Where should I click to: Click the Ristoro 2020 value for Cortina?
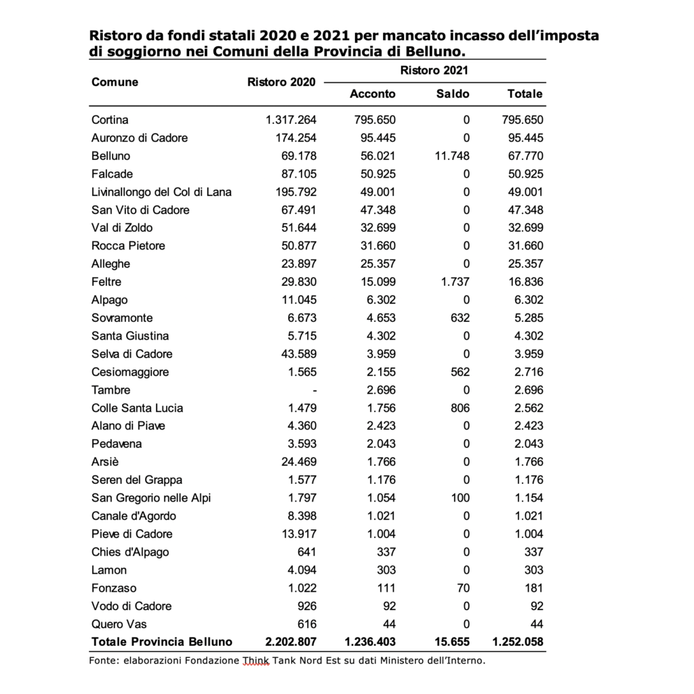pos(291,120)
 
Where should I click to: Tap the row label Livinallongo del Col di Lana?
pos(161,192)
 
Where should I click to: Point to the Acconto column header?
pos(372,94)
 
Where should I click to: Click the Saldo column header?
pos(453,94)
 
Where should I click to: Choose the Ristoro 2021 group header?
pos(434,70)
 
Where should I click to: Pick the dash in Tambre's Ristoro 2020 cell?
pos(314,390)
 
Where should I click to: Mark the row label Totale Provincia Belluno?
pos(161,641)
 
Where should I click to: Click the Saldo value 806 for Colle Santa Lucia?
pos(460,408)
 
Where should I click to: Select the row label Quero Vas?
pos(119,624)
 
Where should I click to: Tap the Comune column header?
pos(115,82)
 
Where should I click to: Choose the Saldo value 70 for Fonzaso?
pos(463,588)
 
